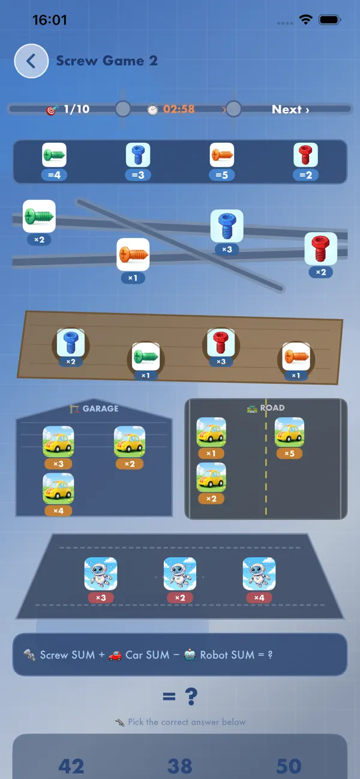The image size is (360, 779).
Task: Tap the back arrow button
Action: pyautogui.click(x=31, y=61)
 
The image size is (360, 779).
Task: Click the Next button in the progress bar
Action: pyautogui.click(x=290, y=110)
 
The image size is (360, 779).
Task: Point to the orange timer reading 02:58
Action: pyautogui.click(x=179, y=109)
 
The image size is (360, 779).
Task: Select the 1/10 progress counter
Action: pyautogui.click(x=77, y=109)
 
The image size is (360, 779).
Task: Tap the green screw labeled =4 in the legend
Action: pyautogui.click(x=54, y=155)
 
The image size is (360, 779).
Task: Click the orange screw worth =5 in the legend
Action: pyautogui.click(x=221, y=155)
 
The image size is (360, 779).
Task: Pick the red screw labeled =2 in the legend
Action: pyautogui.click(x=305, y=155)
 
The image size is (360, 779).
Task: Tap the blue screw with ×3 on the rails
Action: pyautogui.click(x=227, y=225)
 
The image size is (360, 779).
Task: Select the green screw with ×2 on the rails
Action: pyautogui.click(x=39, y=216)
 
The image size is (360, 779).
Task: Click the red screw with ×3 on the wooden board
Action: pyautogui.click(x=221, y=343)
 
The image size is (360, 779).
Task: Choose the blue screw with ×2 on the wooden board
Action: pyautogui.click(x=70, y=343)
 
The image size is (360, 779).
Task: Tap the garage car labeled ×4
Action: pyautogui.click(x=58, y=488)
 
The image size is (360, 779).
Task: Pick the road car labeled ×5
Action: pyautogui.click(x=289, y=432)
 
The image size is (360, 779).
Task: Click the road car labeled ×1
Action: pyautogui.click(x=211, y=432)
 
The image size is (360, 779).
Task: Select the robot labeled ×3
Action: pyautogui.click(x=101, y=573)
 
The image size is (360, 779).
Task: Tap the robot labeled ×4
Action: pyautogui.click(x=259, y=573)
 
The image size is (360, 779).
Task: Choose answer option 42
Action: pyautogui.click(x=71, y=766)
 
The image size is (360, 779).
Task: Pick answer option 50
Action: pyautogui.click(x=289, y=766)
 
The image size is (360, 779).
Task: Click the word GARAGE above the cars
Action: pyautogui.click(x=101, y=408)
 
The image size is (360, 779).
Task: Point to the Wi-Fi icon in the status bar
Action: pyautogui.click(x=305, y=20)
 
